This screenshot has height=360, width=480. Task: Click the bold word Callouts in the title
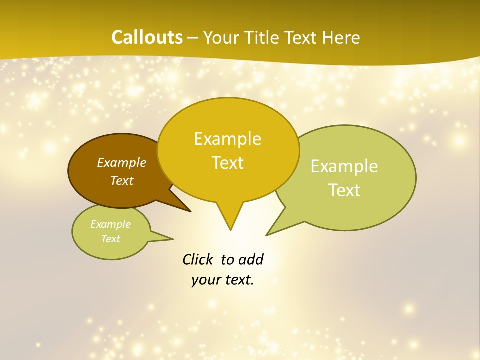click(147, 37)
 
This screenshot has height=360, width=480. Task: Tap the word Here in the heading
click(341, 37)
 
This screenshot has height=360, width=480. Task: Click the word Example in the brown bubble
click(122, 162)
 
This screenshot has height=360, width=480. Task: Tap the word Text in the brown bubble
click(122, 180)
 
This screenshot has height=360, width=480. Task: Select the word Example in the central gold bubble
click(227, 139)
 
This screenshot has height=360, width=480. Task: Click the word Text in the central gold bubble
click(227, 163)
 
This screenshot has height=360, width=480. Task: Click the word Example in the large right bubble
click(344, 166)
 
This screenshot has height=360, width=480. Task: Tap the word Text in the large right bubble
click(344, 190)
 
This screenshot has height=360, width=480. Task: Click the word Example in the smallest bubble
click(110, 224)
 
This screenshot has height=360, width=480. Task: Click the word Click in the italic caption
click(197, 259)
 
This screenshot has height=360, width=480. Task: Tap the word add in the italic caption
click(251, 259)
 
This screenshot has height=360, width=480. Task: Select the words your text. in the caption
click(223, 280)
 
